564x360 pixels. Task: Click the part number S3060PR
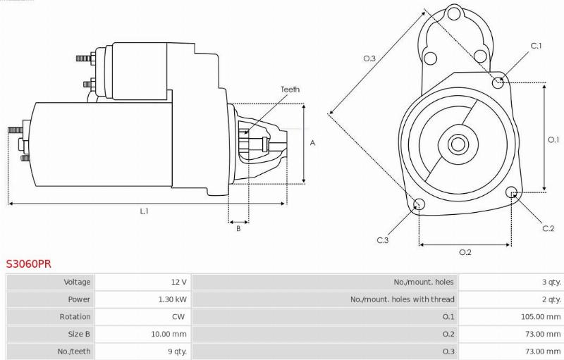tap(29, 263)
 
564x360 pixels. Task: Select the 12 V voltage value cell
tap(178, 282)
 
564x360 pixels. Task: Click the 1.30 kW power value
tap(172, 299)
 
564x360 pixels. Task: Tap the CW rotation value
tap(180, 317)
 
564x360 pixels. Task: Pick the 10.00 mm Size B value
tap(170, 334)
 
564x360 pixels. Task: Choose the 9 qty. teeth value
tap(176, 351)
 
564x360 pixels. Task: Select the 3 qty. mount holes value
tap(551, 282)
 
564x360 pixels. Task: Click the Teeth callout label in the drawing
tap(290, 89)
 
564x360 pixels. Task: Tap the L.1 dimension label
tap(145, 211)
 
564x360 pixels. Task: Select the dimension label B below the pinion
tap(238, 228)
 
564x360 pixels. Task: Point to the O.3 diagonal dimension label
tap(369, 58)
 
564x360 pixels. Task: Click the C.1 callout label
tap(536, 46)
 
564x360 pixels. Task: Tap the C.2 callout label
tap(548, 228)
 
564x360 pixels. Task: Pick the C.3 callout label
tap(383, 240)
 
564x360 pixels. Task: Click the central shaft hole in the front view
tap(458, 144)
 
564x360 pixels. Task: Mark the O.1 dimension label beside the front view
tap(553, 139)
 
